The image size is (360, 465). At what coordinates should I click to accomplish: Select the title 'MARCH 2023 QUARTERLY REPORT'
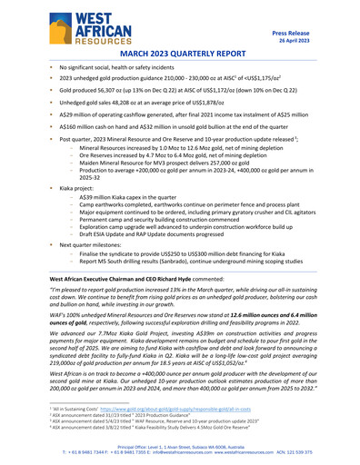pyautogui.click(x=180, y=54)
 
